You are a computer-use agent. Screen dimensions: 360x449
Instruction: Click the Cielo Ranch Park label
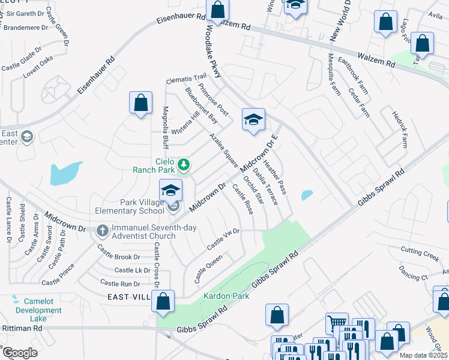coord(155,165)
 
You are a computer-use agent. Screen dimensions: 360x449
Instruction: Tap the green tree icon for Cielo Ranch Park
coord(185,164)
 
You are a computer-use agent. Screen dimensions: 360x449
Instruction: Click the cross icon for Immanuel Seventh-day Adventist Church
coord(102,229)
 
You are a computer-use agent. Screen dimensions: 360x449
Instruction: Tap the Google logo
coord(20,353)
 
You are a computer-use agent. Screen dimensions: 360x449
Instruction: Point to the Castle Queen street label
coord(208,269)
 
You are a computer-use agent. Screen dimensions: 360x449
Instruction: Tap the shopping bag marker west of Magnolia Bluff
coord(140,103)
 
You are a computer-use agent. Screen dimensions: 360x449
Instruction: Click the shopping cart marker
coord(337,324)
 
